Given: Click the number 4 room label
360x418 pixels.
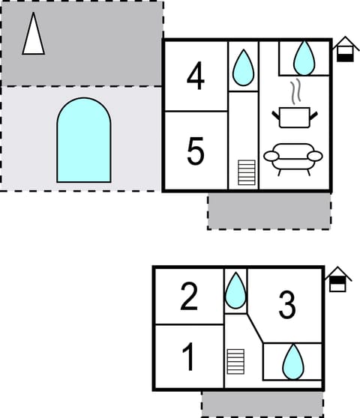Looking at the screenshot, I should [x=195, y=76].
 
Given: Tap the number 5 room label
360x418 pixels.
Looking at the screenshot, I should [x=195, y=151].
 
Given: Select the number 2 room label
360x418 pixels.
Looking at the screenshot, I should [x=189, y=297].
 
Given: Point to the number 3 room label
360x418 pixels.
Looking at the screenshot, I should [x=286, y=305].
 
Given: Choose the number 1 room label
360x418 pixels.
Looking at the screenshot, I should [x=189, y=358].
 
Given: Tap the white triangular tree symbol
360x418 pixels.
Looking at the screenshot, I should [x=33, y=34].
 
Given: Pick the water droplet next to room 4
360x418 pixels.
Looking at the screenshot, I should [x=242, y=67].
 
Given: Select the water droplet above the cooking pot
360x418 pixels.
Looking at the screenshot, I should [x=304, y=57].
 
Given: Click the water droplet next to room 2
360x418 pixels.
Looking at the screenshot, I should [x=235, y=291].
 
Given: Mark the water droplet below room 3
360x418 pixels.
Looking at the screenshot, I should [x=292, y=362].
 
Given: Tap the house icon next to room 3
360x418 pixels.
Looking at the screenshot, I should [x=337, y=279].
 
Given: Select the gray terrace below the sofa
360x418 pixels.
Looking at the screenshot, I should [x=268, y=210].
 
